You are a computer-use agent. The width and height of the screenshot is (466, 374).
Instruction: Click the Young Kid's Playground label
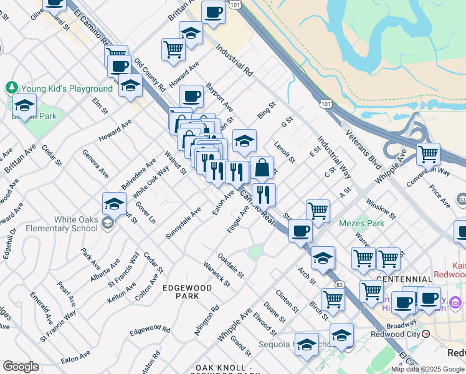pos(68,89)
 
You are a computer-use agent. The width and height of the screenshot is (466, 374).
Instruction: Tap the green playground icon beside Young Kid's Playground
pos(11,87)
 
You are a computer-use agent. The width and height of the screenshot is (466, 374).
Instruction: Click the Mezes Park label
pos(361,223)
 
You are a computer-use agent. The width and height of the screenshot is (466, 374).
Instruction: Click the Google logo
pos(21,367)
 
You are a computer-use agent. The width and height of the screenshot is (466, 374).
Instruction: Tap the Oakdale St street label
pos(231,266)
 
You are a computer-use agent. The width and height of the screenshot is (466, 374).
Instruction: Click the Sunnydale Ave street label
pos(183,223)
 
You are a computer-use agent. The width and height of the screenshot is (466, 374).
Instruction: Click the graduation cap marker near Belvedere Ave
pos(115,203)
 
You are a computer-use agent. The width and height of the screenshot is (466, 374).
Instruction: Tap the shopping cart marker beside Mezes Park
pos(318,211)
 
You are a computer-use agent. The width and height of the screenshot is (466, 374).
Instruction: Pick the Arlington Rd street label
pos(207,320)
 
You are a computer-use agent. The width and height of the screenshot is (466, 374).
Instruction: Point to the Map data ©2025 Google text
pos(427,369)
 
